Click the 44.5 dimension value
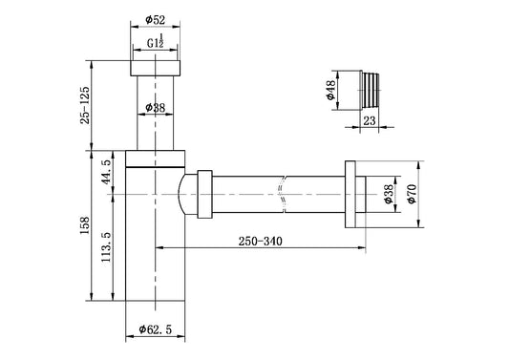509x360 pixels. [107, 173]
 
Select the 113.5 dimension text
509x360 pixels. [107, 250]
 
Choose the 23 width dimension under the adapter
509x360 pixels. [370, 121]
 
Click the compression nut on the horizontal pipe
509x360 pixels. [204, 194]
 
